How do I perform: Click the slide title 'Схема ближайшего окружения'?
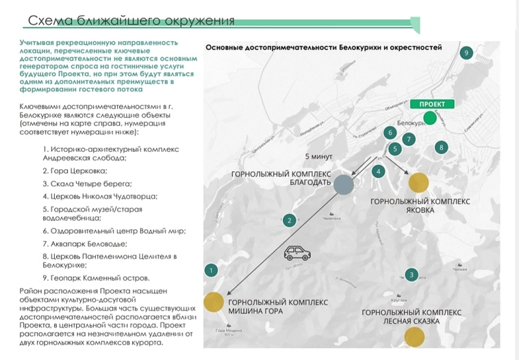(130, 21)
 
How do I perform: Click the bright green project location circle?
(429, 118)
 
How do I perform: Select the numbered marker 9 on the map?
(466, 53)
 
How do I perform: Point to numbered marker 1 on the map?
(212, 271)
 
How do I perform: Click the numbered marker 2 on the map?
(290, 220)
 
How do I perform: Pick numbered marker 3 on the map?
(410, 275)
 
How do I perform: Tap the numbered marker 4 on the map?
(378, 171)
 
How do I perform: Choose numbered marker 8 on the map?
(442, 147)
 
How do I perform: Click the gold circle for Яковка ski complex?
(418, 182)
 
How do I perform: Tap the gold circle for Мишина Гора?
(213, 302)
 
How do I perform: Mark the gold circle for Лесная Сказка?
(414, 337)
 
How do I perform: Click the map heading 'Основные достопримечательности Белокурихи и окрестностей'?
(324, 47)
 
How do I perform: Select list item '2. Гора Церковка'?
(75, 171)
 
